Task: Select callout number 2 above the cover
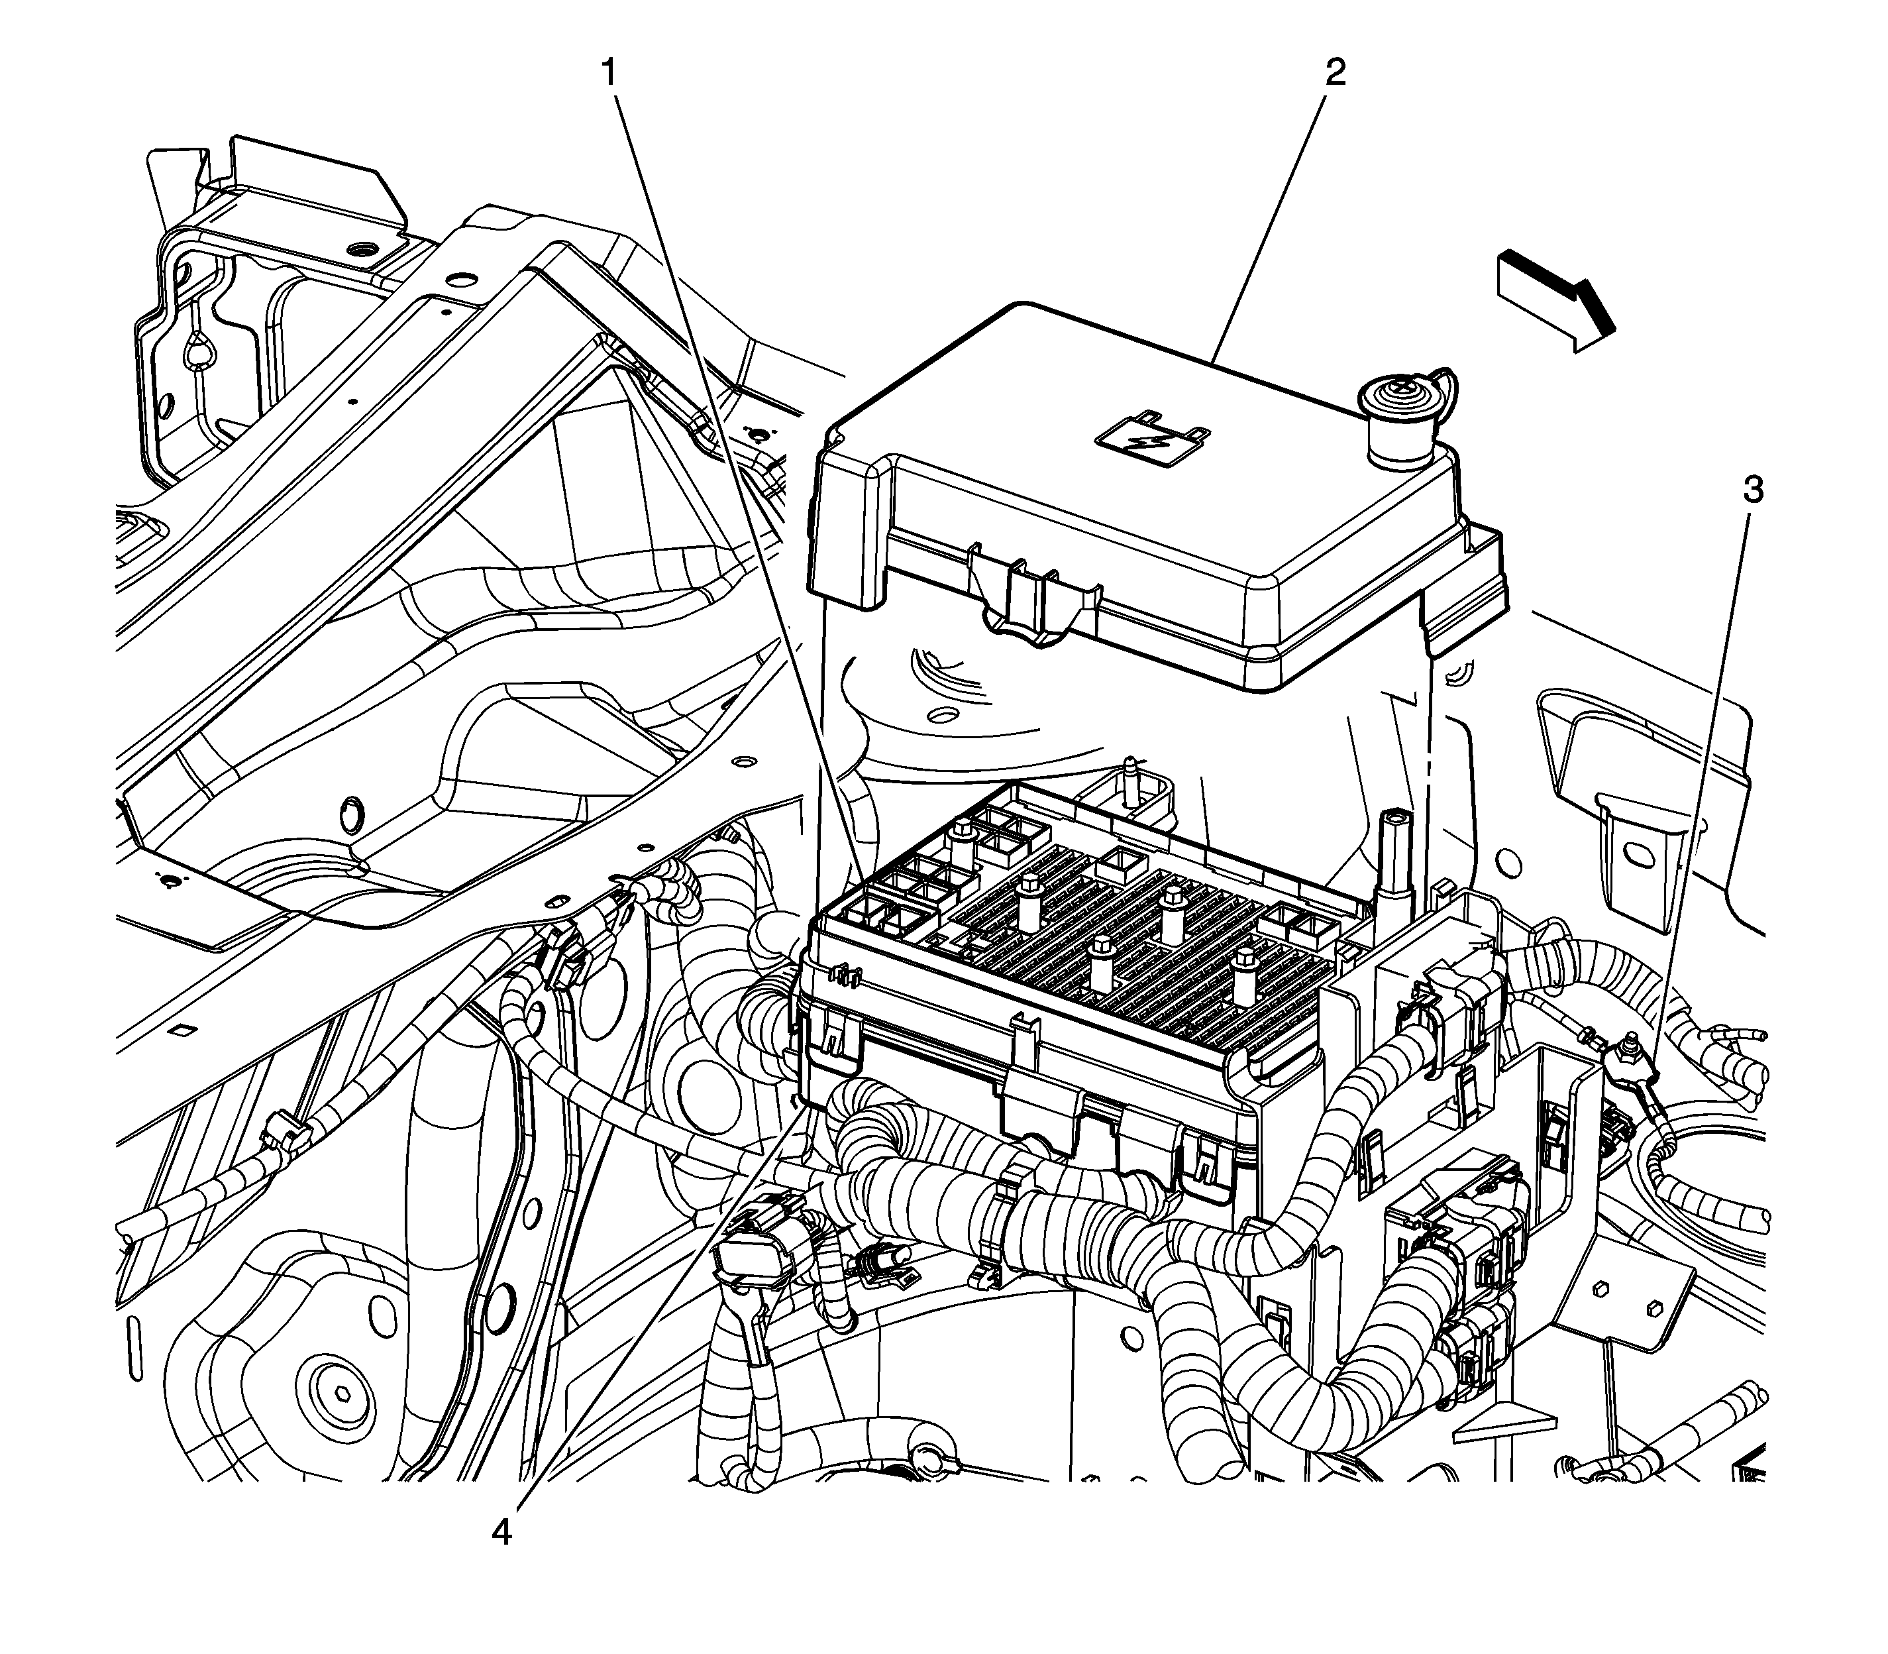coord(1334,72)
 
